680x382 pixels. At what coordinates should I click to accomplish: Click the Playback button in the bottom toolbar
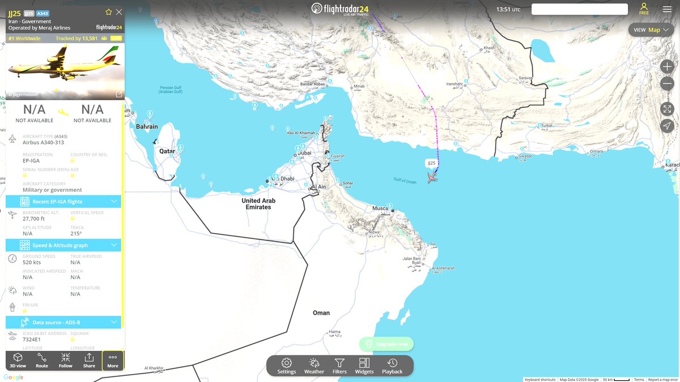pyautogui.click(x=392, y=366)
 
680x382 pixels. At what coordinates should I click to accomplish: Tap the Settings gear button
pyautogui.click(x=287, y=366)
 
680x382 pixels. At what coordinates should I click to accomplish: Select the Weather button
pyautogui.click(x=314, y=366)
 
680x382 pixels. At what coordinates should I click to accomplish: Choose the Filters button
pyautogui.click(x=339, y=366)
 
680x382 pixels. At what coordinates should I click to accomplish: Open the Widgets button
pyautogui.click(x=364, y=366)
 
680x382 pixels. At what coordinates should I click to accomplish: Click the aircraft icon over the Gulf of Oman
pyautogui.click(x=432, y=178)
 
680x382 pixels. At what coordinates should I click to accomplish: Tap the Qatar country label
pyautogui.click(x=167, y=151)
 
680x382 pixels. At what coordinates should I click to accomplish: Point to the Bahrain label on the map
pyautogui.click(x=147, y=126)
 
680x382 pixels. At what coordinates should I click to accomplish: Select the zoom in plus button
pyautogui.click(x=667, y=66)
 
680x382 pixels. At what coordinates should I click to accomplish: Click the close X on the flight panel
pyautogui.click(x=118, y=12)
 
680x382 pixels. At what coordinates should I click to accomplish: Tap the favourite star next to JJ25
pyautogui.click(x=109, y=12)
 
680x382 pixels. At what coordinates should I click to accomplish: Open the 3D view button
pyautogui.click(x=18, y=360)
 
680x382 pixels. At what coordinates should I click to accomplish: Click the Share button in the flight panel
pyautogui.click(x=89, y=360)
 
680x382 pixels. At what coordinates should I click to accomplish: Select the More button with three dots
pyautogui.click(x=113, y=360)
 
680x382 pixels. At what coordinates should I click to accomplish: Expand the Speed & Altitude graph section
pyautogui.click(x=63, y=245)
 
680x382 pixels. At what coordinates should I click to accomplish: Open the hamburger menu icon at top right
pyautogui.click(x=667, y=9)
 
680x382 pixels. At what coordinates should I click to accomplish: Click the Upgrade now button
pyautogui.click(x=386, y=344)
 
